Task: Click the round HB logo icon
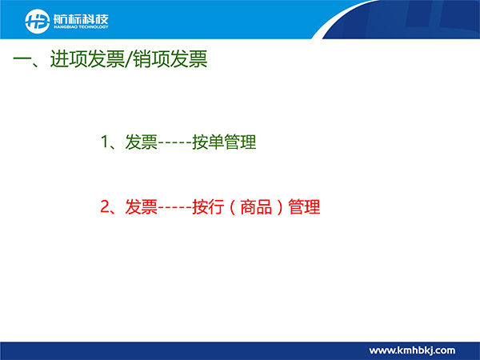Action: (x=38, y=21)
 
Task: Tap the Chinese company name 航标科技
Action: (x=81, y=19)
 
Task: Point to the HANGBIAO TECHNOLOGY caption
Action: (x=81, y=27)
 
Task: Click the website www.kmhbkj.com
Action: (x=412, y=350)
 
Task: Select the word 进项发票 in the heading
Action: (x=87, y=58)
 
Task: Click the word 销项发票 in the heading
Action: (x=170, y=58)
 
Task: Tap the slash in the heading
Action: (x=129, y=58)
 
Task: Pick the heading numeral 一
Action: (x=22, y=58)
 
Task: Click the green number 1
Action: (x=105, y=142)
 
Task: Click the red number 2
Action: (x=105, y=206)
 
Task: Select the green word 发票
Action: (x=142, y=142)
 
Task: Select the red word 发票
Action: (x=142, y=207)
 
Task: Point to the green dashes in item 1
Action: (x=174, y=144)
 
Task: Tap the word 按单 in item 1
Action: (x=208, y=142)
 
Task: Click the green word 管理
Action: (x=240, y=142)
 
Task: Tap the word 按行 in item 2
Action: (x=208, y=207)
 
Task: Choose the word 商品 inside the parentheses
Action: (x=256, y=207)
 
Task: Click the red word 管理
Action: (x=304, y=207)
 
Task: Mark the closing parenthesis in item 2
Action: (x=279, y=207)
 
